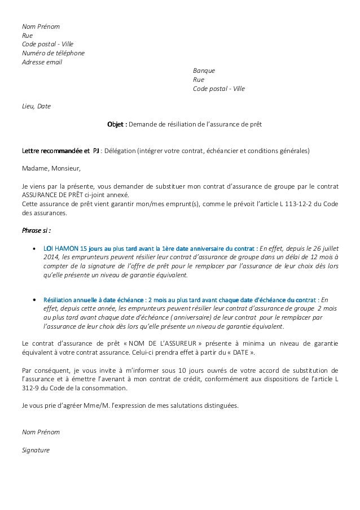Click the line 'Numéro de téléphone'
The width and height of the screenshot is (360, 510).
tap(53, 53)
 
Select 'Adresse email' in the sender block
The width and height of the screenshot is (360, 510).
tap(42, 62)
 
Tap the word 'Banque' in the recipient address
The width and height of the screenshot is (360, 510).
tap(204, 71)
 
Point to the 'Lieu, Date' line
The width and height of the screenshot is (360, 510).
tap(36, 106)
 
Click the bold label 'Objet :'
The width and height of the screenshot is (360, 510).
tap(117, 124)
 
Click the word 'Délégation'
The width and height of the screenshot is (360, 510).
tap(120, 151)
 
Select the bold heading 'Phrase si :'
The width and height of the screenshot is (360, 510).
tap(36, 230)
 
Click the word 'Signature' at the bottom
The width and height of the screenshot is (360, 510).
tap(36, 450)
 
